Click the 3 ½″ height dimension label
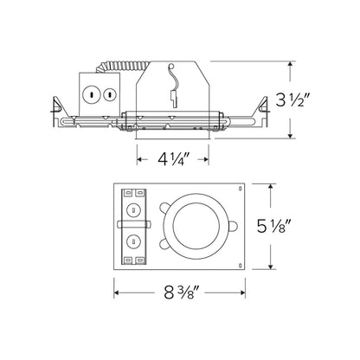(x=293, y=100)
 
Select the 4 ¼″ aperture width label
(x=173, y=159)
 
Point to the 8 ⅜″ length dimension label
(x=182, y=292)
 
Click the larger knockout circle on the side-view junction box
(x=92, y=94)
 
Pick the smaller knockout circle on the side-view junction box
(x=109, y=94)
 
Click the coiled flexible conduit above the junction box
(x=122, y=67)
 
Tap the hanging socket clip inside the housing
(x=173, y=87)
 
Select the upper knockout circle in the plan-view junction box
(x=133, y=210)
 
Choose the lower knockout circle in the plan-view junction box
(x=133, y=241)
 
